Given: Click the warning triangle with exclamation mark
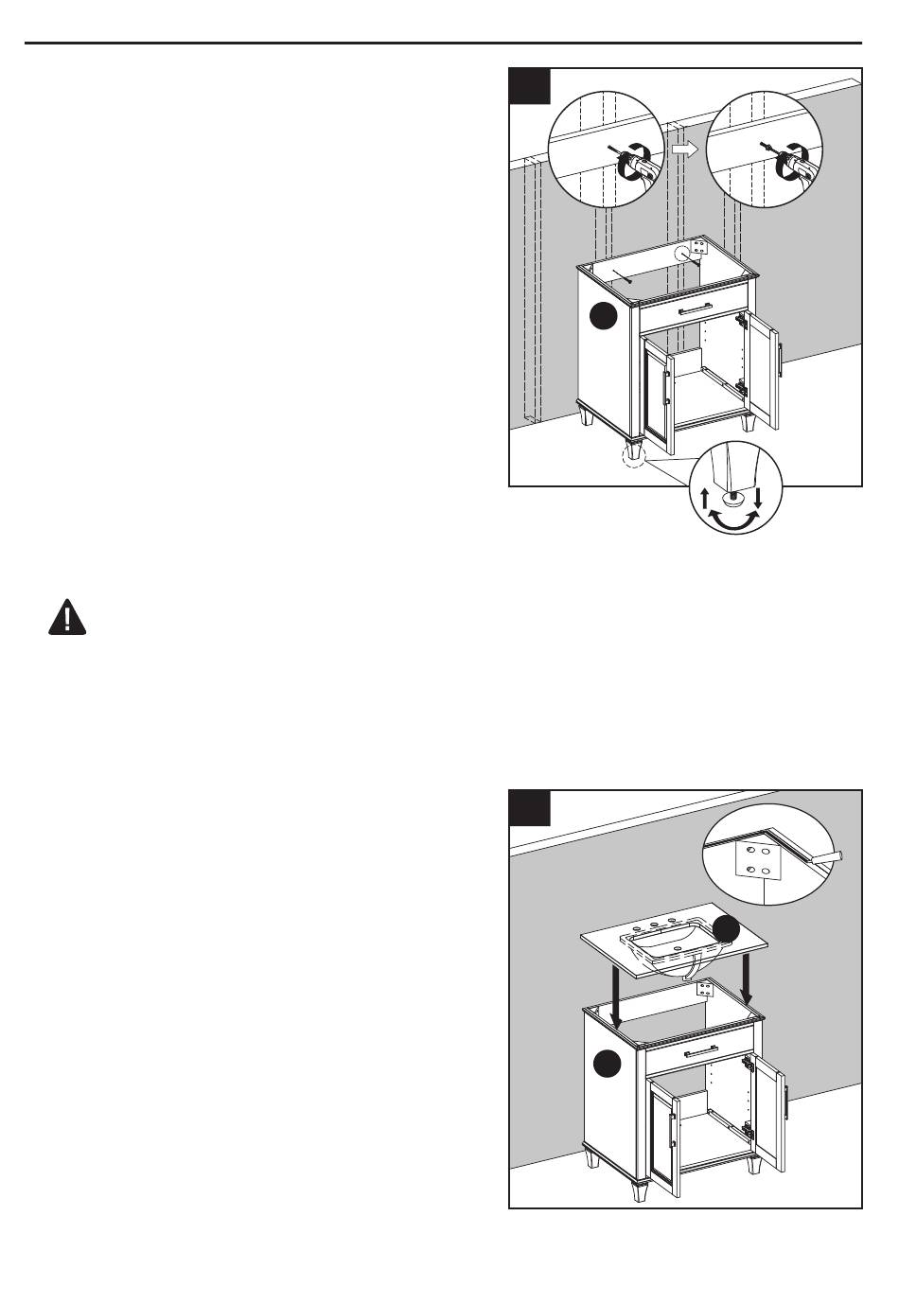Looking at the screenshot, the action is [67, 618].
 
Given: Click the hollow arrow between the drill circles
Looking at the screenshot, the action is [683, 149].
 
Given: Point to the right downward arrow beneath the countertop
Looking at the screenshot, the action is [749, 978].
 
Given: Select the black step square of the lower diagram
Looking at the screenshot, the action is [530, 807].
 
